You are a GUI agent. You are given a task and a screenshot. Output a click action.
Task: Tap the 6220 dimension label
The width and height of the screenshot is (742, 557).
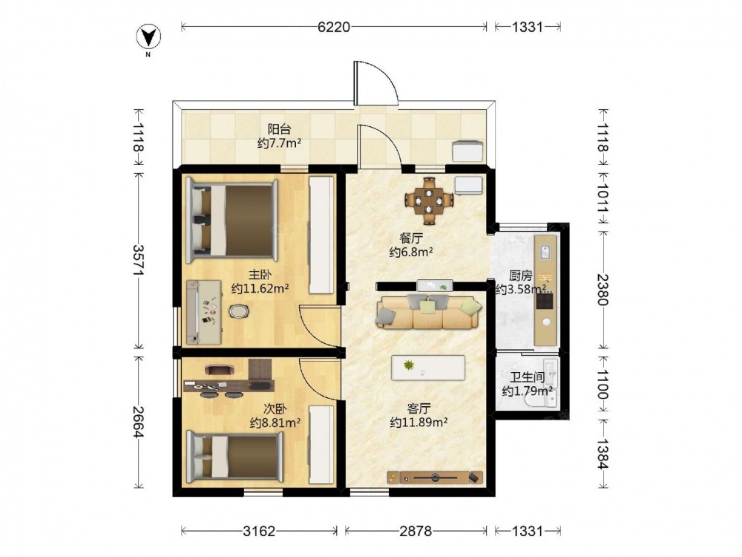[334, 27]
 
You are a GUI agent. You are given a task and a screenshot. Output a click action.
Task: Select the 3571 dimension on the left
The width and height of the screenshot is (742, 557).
[139, 260]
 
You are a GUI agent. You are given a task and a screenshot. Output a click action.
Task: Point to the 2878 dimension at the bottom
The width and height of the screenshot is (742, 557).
[416, 531]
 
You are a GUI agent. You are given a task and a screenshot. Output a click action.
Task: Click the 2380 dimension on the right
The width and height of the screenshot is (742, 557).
[603, 290]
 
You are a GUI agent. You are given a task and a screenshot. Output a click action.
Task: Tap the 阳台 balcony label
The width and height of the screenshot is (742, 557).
[279, 128]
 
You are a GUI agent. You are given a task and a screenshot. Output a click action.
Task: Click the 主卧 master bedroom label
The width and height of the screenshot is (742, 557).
[260, 275]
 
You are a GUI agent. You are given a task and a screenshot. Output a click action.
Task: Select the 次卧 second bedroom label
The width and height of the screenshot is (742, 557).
[275, 408]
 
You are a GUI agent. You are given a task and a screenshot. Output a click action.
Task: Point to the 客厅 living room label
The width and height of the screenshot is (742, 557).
[418, 408]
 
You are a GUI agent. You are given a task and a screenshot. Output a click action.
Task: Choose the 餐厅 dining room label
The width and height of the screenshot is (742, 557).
[411, 238]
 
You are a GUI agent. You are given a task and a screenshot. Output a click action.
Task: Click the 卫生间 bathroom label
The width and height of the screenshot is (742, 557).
[527, 377]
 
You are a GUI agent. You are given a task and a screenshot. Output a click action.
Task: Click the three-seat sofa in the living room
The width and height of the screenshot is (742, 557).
[428, 312]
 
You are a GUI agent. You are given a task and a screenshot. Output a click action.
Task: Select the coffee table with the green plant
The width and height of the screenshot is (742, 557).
[428, 368]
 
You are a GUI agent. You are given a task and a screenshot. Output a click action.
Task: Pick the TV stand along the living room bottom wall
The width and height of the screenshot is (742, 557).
[435, 478]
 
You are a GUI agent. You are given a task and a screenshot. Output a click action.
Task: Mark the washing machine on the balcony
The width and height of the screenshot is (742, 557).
[468, 152]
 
